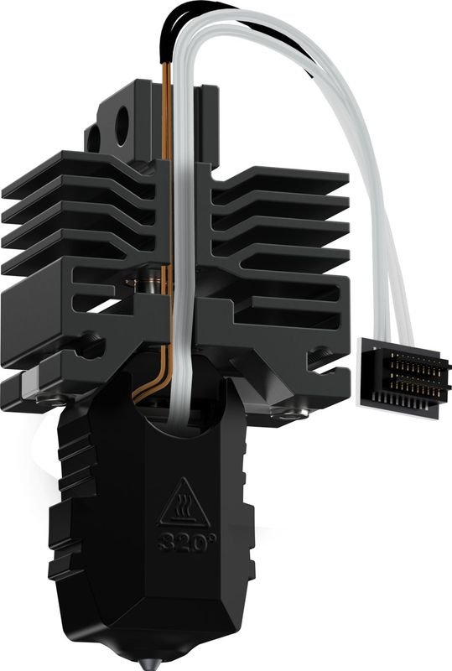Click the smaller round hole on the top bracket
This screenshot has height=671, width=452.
pyautogui.click(x=94, y=136)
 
